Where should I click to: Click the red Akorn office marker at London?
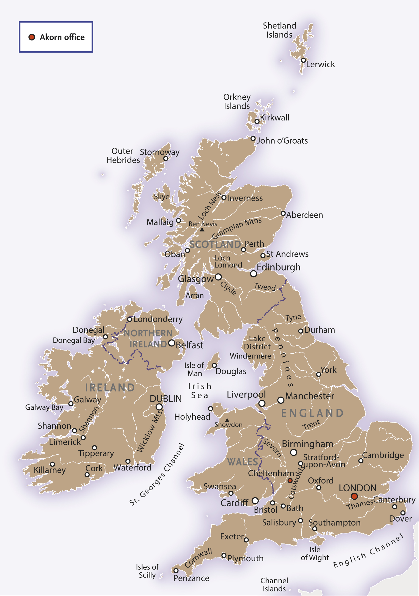point(354,496)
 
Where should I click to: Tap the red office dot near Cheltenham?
point(290,481)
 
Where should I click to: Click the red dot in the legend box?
point(32,37)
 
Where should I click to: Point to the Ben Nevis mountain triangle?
point(202,229)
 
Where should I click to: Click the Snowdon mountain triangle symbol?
point(227,420)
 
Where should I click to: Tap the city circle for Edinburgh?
point(253,274)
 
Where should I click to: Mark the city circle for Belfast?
point(172,343)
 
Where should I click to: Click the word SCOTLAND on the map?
point(215,245)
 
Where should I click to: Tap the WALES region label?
point(242,462)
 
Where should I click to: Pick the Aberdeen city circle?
point(283,213)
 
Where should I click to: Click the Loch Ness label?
point(210,206)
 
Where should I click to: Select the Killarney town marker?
point(52,464)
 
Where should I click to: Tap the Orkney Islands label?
point(237,101)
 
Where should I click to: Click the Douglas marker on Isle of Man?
point(214,365)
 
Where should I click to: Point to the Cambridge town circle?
point(361,461)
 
